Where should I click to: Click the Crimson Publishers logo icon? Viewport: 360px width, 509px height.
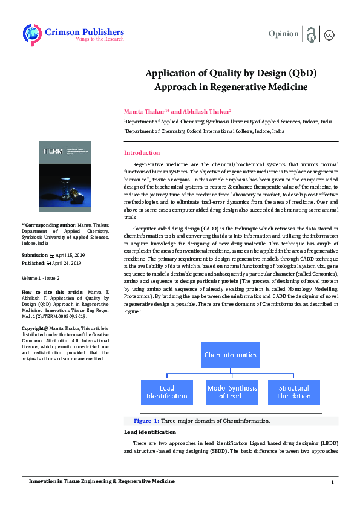(31, 33)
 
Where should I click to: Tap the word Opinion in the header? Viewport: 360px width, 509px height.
(283, 34)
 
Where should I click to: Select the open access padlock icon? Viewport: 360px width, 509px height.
(311, 34)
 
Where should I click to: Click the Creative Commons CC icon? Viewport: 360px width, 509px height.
(329, 34)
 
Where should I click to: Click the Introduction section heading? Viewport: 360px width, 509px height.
(142, 153)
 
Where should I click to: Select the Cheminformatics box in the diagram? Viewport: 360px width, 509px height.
(230, 355)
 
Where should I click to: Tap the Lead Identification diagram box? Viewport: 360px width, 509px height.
(166, 392)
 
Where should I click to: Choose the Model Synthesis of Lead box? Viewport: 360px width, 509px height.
(232, 392)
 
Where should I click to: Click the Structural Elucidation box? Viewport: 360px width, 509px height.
(294, 392)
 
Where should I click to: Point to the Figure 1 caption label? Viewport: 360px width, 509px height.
(146, 421)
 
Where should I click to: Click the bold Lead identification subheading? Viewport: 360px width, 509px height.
(150, 432)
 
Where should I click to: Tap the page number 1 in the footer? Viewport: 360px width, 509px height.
(332, 482)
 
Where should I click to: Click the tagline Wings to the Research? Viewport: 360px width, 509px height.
(99, 39)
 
